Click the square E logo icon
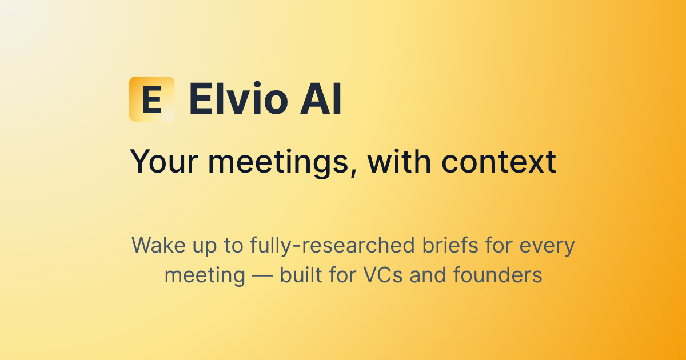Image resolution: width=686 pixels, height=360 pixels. [x=151, y=99]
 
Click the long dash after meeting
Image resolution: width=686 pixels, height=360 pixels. [x=262, y=275]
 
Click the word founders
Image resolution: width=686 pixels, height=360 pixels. [x=497, y=275]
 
